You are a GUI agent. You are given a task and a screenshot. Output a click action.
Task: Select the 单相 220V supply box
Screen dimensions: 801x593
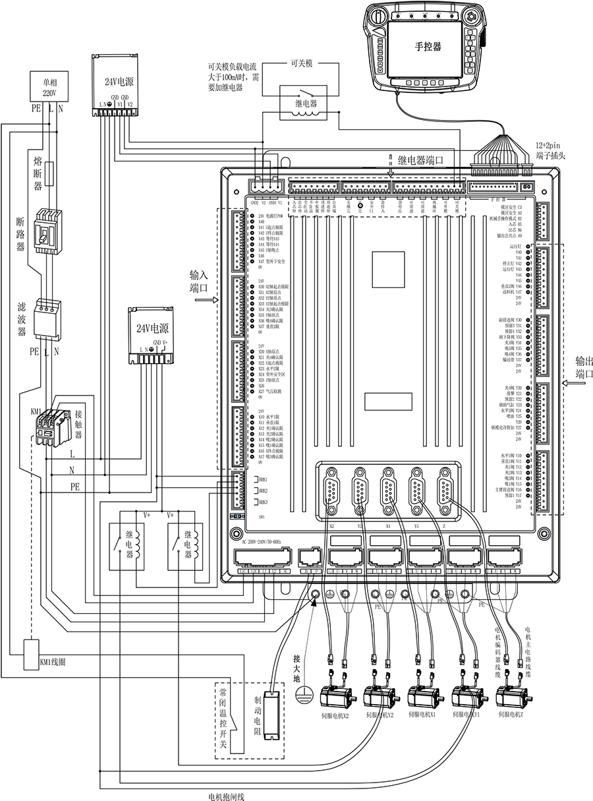pyautogui.click(x=49, y=88)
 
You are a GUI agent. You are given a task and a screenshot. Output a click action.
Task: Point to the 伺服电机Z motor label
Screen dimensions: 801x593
pyautogui.click(x=511, y=714)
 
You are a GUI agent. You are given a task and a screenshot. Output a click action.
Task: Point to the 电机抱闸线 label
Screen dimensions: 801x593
pyautogui.click(x=226, y=796)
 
